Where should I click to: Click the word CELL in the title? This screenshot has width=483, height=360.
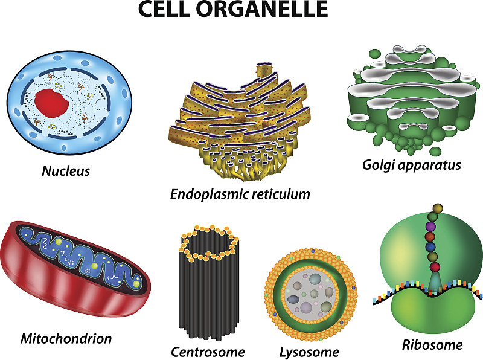click(x=164, y=8)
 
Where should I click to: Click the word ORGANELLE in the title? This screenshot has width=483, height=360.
click(x=262, y=8)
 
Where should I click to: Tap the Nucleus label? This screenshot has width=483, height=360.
click(x=66, y=171)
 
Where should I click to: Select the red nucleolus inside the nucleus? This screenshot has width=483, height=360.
click(x=51, y=103)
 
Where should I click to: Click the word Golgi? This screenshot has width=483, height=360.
click(x=376, y=166)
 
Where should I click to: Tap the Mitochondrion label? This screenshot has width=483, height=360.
click(x=66, y=338)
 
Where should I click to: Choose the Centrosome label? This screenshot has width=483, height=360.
click(x=208, y=352)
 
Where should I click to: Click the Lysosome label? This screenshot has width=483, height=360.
click(x=309, y=352)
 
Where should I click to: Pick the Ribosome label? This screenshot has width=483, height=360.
click(x=432, y=344)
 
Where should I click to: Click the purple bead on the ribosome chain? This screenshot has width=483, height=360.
click(x=430, y=227)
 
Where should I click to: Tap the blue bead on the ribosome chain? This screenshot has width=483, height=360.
click(x=430, y=247)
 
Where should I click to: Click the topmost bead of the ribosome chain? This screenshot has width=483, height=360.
click(x=437, y=208)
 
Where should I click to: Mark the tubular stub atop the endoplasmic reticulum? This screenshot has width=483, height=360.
click(x=264, y=70)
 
